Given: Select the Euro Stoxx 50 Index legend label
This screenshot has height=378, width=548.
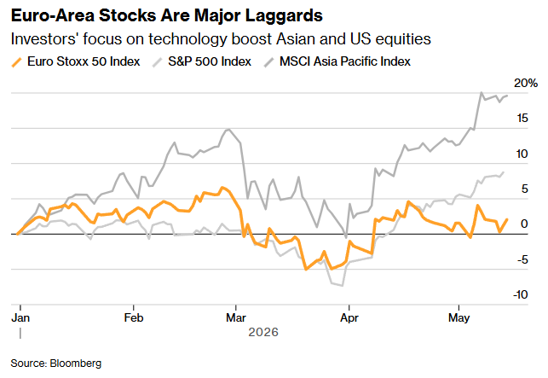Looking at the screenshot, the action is pyautogui.click(x=84, y=61).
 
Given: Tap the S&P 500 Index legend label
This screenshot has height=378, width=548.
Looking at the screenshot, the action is pyautogui.click(x=210, y=61).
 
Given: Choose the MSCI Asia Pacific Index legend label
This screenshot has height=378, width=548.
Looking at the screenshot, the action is pyautogui.click(x=344, y=61).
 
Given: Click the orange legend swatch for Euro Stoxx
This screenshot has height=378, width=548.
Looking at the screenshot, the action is pyautogui.click(x=17, y=62).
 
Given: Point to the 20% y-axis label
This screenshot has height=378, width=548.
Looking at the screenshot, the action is pyautogui.click(x=525, y=84).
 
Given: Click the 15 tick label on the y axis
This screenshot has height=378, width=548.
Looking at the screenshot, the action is pyautogui.click(x=522, y=119).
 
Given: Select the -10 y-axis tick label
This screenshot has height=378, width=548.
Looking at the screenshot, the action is pyautogui.click(x=520, y=294).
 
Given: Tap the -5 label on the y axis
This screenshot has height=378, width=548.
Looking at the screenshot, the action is pyautogui.click(x=522, y=259).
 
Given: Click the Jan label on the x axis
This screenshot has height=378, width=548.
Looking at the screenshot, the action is pyautogui.click(x=20, y=317).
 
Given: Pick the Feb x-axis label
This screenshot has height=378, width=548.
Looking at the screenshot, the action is pyautogui.click(x=134, y=317).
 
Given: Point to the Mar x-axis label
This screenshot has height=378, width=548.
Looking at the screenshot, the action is pyautogui.click(x=236, y=317).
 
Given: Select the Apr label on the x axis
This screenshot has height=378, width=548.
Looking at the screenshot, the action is pyautogui.click(x=349, y=317).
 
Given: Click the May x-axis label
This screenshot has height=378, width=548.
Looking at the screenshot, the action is pyautogui.click(x=459, y=317).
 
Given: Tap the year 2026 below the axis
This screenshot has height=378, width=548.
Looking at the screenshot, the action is pyautogui.click(x=263, y=332).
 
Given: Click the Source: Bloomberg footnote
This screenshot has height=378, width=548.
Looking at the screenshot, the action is pyautogui.click(x=56, y=363).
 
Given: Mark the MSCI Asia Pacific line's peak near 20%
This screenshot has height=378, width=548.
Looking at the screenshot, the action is pyautogui.click(x=482, y=92).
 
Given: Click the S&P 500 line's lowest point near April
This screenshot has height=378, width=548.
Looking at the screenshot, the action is pyautogui.click(x=342, y=286).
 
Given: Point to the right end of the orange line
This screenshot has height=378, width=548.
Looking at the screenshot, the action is pyautogui.click(x=507, y=219).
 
